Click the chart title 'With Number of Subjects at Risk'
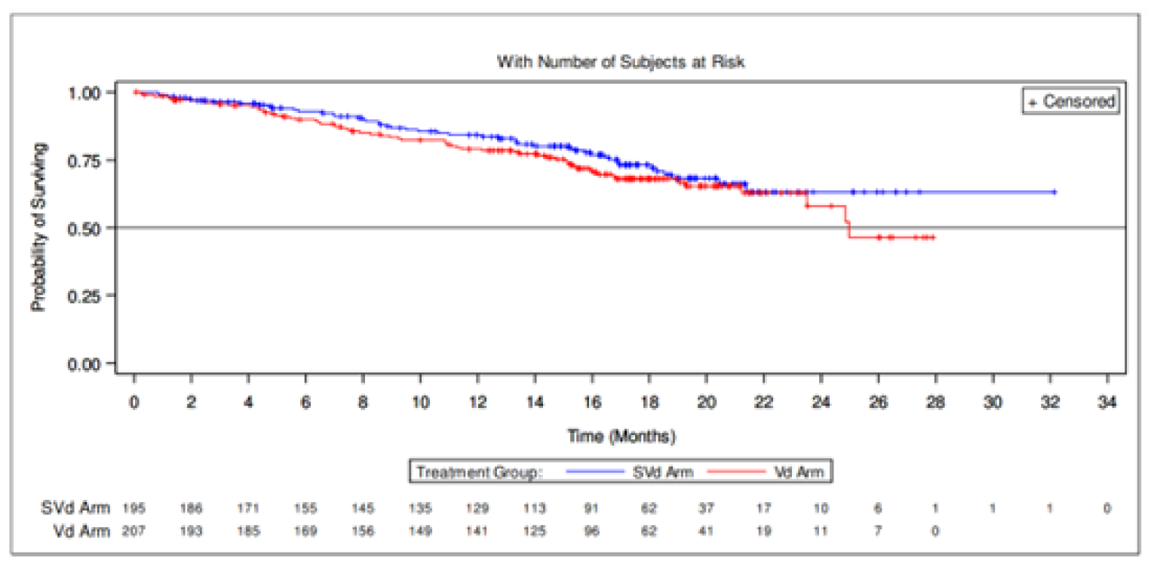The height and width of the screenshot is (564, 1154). (620, 62)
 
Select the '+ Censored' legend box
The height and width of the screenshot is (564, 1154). (1071, 101)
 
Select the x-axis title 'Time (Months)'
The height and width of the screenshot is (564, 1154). (621, 436)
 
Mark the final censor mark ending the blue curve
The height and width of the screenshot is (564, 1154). (1054, 192)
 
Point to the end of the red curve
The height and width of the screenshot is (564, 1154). (933, 238)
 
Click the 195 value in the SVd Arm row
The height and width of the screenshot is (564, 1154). (134, 509)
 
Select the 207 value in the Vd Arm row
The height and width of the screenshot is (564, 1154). (134, 531)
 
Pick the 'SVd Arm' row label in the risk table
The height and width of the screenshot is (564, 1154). (75, 509)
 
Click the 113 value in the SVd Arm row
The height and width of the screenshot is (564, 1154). (535, 509)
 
